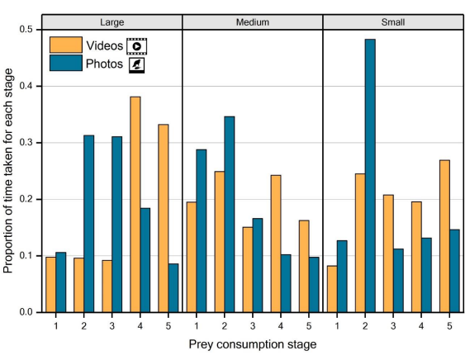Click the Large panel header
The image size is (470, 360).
pos(112,21)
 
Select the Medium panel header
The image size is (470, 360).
pos(252,21)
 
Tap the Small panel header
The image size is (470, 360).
pos(392,21)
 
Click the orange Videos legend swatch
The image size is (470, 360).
pos(66,45)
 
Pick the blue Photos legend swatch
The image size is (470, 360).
pos(66,63)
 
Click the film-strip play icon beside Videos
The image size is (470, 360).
pos(135,45)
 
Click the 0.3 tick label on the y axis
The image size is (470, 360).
pos(28,143)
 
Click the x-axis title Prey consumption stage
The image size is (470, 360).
pos(252,344)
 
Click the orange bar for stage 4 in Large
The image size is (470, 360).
pos(135,204)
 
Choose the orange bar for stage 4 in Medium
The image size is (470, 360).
pos(276,244)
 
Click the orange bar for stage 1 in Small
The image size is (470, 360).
pos(332,289)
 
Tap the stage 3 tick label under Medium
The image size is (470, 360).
pos(253,324)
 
